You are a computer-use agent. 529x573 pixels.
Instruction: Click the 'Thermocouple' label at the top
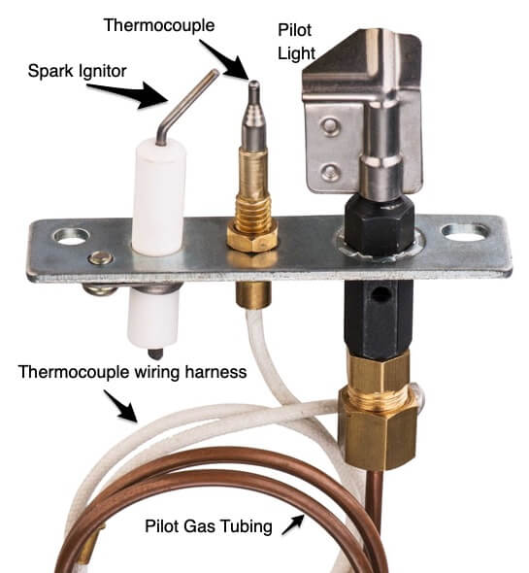(x=159, y=25)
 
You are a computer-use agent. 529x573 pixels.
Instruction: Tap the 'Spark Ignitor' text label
(x=77, y=71)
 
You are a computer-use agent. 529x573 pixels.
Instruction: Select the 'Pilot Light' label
(x=296, y=42)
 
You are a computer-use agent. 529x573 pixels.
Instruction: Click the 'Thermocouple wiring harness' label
(x=133, y=372)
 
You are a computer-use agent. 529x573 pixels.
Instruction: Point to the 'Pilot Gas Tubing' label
(x=209, y=526)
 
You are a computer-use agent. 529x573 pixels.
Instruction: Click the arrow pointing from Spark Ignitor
(x=128, y=94)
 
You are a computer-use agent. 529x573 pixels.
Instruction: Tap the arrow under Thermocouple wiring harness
(x=120, y=406)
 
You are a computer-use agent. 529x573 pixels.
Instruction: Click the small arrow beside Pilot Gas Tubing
(x=293, y=524)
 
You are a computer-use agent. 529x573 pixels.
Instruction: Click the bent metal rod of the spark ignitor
(x=182, y=104)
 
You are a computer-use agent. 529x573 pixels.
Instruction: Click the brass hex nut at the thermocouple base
(x=252, y=238)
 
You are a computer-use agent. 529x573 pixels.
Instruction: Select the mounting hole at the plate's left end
(x=71, y=236)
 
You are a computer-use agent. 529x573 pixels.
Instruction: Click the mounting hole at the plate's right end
(x=465, y=233)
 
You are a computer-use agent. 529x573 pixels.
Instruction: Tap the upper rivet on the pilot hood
(x=330, y=126)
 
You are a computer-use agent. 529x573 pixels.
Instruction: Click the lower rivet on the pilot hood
(x=331, y=171)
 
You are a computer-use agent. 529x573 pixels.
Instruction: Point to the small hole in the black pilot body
(x=380, y=294)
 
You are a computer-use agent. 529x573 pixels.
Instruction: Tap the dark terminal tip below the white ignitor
(x=155, y=354)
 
